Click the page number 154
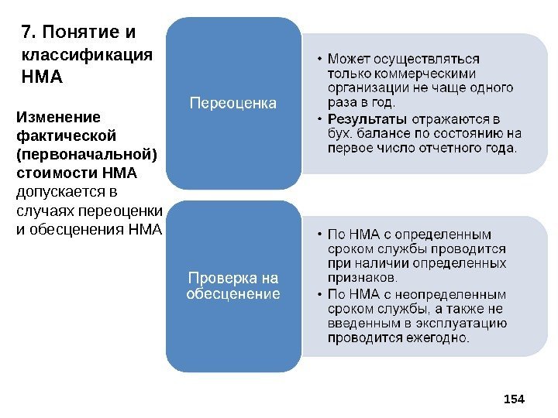[514, 399]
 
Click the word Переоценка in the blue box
[232, 102]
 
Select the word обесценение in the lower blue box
[232, 293]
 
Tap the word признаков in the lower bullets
[361, 278]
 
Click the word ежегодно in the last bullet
[439, 337]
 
